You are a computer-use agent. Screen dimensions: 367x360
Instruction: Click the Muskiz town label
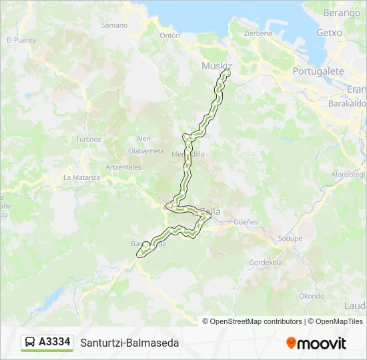click(216, 66)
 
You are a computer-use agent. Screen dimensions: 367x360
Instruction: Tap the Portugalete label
click(318, 71)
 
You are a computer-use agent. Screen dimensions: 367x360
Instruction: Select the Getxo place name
click(329, 33)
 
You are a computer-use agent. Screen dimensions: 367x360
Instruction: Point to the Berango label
click(341, 13)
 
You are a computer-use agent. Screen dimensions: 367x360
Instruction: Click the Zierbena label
click(258, 33)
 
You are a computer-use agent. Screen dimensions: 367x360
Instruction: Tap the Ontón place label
click(170, 35)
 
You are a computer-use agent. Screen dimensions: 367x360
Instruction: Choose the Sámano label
click(113, 25)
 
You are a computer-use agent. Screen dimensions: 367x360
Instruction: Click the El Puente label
click(21, 40)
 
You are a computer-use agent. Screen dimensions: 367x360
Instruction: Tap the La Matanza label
click(81, 177)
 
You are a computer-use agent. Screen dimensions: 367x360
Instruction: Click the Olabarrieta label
click(145, 151)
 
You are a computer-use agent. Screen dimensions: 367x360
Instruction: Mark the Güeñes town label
click(246, 221)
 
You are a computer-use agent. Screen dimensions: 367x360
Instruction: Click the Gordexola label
click(266, 263)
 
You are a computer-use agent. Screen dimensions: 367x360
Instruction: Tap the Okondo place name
click(312, 296)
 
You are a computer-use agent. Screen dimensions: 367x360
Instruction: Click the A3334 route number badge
click(55, 342)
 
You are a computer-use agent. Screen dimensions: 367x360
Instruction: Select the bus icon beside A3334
click(30, 343)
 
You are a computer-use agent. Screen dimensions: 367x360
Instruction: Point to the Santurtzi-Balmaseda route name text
click(129, 343)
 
